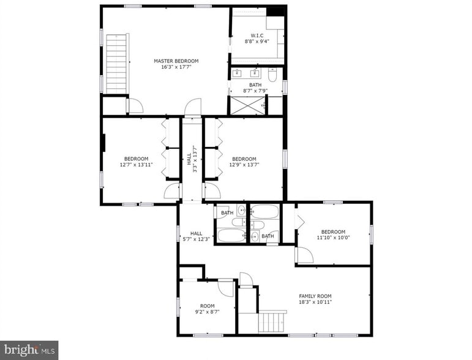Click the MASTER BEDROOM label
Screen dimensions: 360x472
coord(176,61)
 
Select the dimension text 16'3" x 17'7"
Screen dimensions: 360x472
coord(176,67)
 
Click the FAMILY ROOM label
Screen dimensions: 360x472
coord(315,296)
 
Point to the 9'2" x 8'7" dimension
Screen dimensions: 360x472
coord(208,312)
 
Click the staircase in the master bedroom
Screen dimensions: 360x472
coord(117,64)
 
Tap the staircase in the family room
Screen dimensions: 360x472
coord(272,321)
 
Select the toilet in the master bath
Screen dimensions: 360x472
coord(273,75)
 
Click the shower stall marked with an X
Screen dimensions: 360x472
coord(247,106)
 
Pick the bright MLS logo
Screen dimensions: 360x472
coord(29,350)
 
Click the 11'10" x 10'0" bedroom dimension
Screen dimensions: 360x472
coord(333,238)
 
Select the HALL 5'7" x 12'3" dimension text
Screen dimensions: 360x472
coord(196,239)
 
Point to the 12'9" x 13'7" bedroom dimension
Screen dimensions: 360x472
coord(244,165)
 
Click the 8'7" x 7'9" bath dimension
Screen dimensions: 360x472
coord(255,91)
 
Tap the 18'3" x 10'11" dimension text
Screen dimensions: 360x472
coord(315,302)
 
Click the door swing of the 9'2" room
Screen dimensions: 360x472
coord(227,288)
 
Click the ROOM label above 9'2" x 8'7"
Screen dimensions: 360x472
coord(208,306)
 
